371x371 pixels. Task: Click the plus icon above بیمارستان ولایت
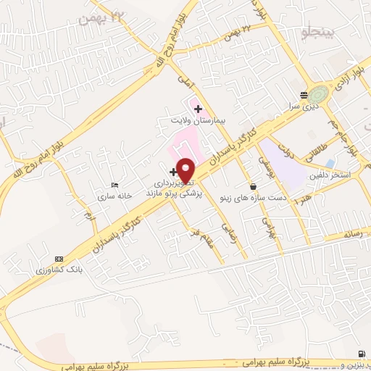(199, 108)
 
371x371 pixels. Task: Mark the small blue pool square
(330, 164)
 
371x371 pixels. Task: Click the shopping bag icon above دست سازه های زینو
(252, 186)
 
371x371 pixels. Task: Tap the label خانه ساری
(116, 196)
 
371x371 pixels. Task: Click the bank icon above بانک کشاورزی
(59, 259)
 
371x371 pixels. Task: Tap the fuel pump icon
(361, 353)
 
